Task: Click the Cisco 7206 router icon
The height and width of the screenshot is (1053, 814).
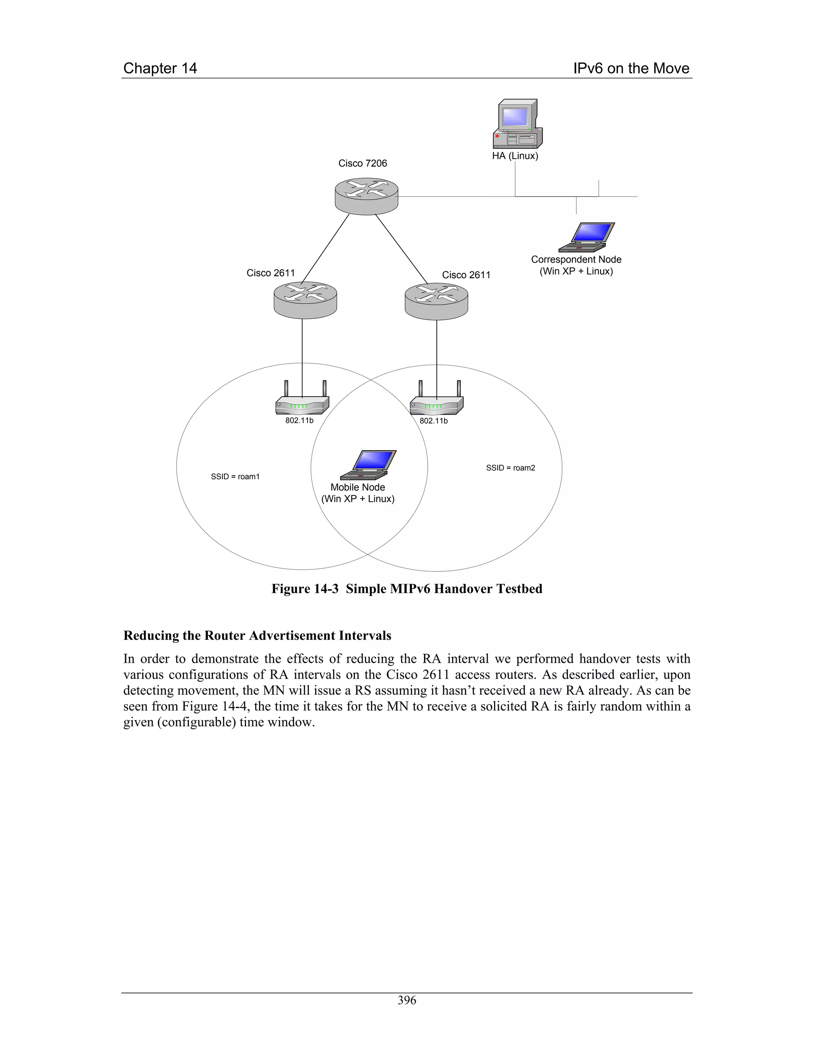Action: [x=366, y=196]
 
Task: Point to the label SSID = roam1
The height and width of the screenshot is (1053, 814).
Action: [x=235, y=476]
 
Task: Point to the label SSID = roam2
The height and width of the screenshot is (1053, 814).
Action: [x=510, y=468]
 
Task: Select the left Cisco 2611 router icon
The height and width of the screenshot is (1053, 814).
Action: [x=305, y=300]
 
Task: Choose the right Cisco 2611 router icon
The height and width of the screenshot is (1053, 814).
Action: [x=436, y=301]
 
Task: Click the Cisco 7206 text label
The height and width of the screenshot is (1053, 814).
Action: [x=362, y=163]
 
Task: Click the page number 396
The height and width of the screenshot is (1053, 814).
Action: [x=407, y=1001]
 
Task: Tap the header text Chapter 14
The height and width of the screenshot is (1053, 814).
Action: [x=160, y=68]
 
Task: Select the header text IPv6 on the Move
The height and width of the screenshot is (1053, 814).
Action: [x=631, y=68]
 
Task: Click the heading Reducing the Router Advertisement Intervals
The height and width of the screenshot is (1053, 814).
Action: [x=257, y=635]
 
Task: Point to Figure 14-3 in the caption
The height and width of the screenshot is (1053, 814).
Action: [x=305, y=589]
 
